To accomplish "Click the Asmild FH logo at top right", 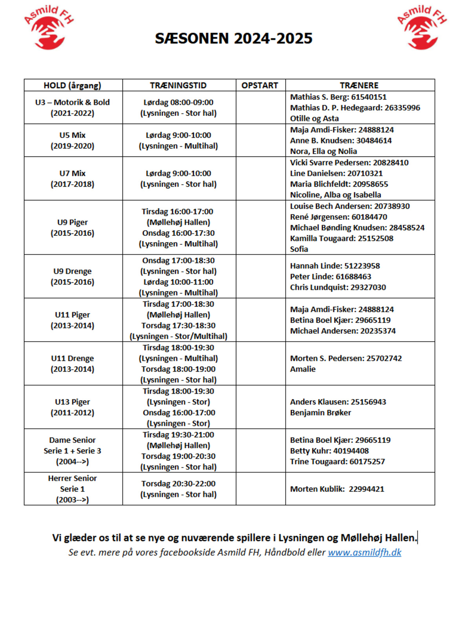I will tap(422, 27).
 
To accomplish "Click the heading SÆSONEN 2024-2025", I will tap(234, 38).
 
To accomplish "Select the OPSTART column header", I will tap(260, 86).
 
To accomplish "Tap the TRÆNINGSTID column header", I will tap(178, 86).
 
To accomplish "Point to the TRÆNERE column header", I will tap(359, 86).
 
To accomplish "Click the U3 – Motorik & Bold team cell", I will tap(73, 107).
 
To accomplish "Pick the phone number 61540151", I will tap(369, 97).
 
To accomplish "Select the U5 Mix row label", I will tap(73, 140).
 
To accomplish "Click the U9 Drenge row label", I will tap(73, 276).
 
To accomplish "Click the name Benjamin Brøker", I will tap(321, 413).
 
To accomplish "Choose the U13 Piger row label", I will tap(73, 407).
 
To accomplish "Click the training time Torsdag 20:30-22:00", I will tap(179, 484).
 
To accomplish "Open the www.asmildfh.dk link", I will tap(365, 552).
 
